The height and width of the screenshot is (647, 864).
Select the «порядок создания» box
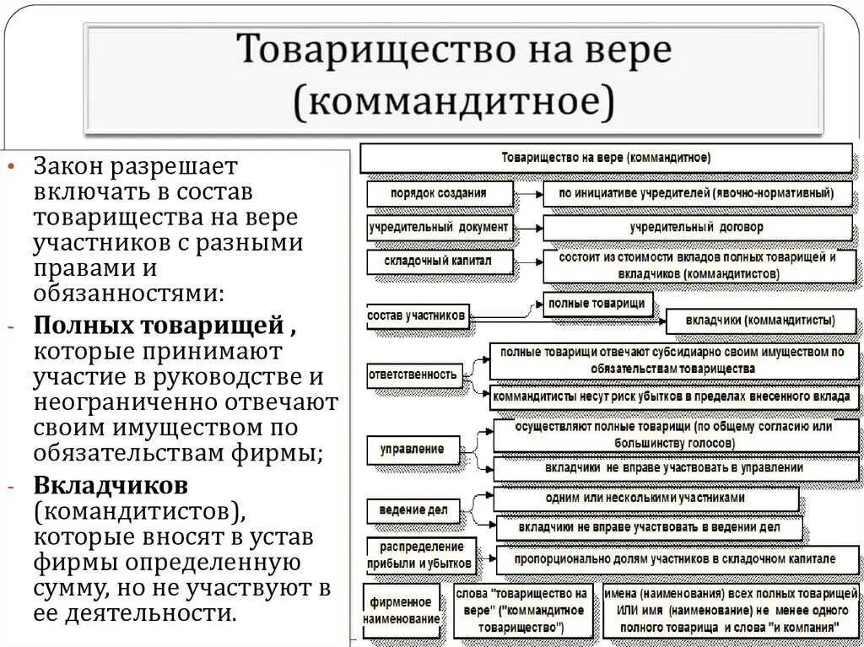pos(439,193)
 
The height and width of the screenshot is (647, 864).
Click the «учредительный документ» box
pos(439,227)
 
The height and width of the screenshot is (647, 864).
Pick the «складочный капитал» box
pos(439,261)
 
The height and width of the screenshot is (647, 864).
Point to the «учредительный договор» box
pos(697,228)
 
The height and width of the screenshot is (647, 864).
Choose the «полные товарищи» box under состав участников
pos(597,304)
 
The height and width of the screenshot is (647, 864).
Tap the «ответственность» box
pos(413,374)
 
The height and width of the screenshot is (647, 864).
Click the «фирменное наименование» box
pos(401,611)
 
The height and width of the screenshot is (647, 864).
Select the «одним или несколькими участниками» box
pos(645,499)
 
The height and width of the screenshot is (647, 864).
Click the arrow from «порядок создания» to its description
pos(527,193)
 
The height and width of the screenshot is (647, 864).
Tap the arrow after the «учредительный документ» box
pos(527,228)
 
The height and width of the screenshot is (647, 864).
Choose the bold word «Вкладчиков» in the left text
pos(111,487)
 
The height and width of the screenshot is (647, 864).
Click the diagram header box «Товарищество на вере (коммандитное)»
pos(606,158)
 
